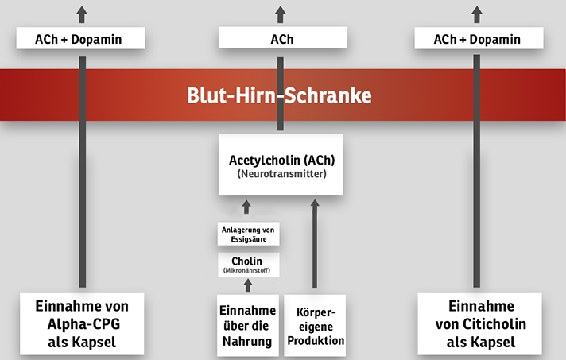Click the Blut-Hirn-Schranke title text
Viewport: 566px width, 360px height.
(x=279, y=95)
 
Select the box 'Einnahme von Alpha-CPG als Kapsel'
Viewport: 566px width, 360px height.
(x=82, y=324)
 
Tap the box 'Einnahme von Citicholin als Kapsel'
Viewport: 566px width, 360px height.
(x=479, y=324)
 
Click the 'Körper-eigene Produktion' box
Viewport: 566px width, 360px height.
(x=315, y=326)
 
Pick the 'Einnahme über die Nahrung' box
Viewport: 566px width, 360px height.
(x=248, y=326)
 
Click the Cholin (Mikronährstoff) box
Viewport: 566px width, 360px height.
(x=248, y=265)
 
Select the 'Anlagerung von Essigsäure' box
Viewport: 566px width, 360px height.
(x=248, y=234)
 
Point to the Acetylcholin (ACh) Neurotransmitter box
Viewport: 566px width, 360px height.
(x=281, y=165)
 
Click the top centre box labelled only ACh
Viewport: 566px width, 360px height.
(x=283, y=37)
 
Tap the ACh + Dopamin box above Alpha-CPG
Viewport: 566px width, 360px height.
(x=80, y=38)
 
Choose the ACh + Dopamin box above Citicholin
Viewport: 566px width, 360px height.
(x=479, y=38)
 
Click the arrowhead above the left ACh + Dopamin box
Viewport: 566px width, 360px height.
(x=82, y=14)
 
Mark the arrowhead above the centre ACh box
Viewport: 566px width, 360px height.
(x=281, y=14)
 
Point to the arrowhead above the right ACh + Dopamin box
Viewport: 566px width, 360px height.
(x=477, y=14)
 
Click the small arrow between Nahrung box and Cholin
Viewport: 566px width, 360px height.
(x=248, y=285)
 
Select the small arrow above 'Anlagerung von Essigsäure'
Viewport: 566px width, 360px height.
(x=246, y=207)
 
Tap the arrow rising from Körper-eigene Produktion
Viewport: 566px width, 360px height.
(x=315, y=244)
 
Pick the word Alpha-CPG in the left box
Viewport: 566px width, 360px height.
(x=83, y=324)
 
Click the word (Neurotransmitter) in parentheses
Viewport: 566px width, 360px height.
(x=282, y=174)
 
